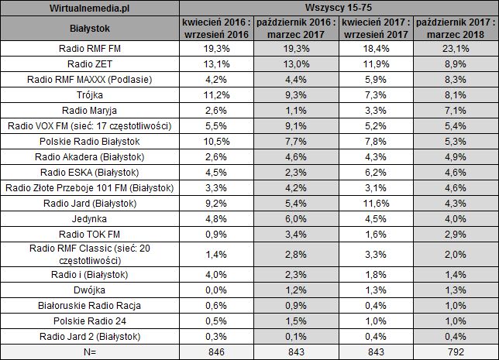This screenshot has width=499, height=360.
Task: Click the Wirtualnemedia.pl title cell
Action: click(x=91, y=8)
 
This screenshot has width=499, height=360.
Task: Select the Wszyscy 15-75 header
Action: click(x=336, y=8)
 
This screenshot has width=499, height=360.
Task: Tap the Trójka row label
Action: click(x=91, y=94)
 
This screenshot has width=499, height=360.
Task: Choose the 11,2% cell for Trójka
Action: click(x=210, y=94)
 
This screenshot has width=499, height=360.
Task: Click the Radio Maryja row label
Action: click(x=91, y=109)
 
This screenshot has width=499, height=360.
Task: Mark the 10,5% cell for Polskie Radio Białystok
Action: click(x=210, y=141)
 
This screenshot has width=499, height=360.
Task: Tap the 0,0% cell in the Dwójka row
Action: click(x=210, y=289)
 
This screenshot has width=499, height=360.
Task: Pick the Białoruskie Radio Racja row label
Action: click(x=91, y=305)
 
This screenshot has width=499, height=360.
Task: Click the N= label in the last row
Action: click(x=91, y=351)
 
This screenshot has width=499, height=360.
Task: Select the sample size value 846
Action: click(x=210, y=351)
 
